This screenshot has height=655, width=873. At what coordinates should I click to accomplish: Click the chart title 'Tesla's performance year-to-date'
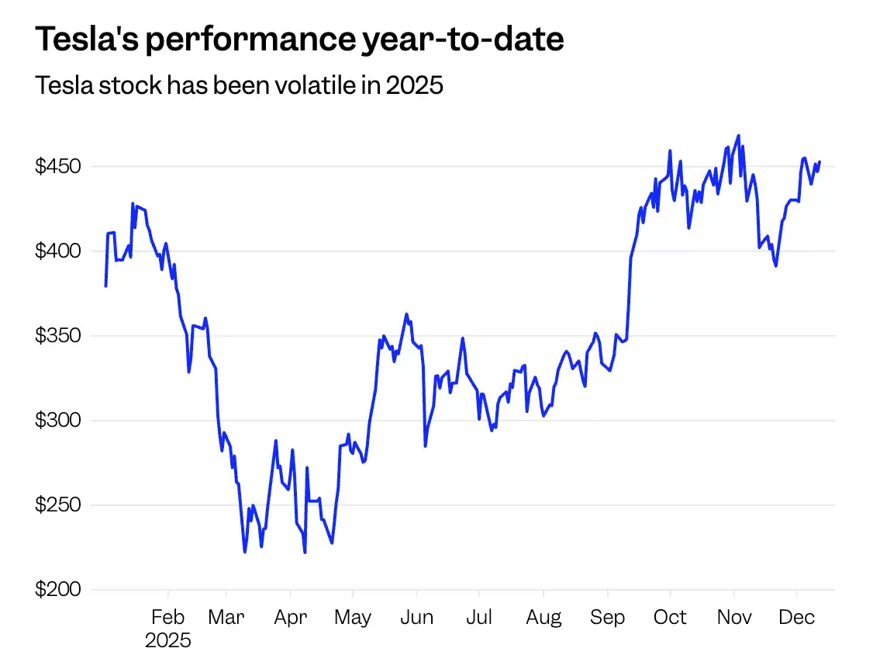tap(299, 40)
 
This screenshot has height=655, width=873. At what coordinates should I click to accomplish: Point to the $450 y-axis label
tap(57, 167)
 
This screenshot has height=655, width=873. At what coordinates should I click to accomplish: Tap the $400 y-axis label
tap(57, 251)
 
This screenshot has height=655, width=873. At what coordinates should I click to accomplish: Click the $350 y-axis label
tap(57, 336)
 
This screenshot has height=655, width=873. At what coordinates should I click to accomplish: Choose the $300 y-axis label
tap(57, 421)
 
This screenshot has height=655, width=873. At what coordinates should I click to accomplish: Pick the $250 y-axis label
tap(57, 505)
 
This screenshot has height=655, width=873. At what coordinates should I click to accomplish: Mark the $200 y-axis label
tap(57, 590)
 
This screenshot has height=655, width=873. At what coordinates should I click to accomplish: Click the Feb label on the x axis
tap(167, 618)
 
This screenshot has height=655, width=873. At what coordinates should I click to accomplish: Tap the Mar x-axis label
tap(226, 618)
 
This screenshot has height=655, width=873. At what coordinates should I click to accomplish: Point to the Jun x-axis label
tap(416, 618)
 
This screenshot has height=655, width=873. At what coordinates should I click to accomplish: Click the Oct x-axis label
tap(669, 618)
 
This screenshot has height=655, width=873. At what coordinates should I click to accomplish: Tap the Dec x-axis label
tap(796, 618)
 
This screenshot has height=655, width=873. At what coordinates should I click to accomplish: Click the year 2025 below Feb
tap(167, 641)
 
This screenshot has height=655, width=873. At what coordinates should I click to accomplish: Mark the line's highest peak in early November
tap(738, 136)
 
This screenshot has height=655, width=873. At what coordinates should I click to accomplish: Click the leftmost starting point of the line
tap(105, 286)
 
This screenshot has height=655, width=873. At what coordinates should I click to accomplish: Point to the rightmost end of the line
tap(820, 161)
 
